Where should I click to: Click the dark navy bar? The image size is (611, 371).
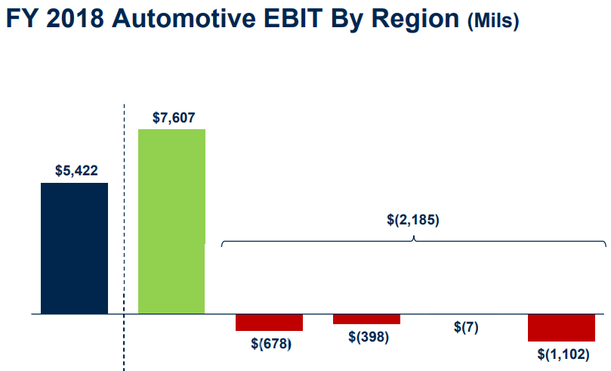point(74,248)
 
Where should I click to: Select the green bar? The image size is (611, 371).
point(171,221)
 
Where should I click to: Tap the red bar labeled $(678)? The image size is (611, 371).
point(269,322)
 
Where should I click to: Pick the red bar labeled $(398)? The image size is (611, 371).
point(366,319)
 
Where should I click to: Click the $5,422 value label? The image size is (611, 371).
point(76,171)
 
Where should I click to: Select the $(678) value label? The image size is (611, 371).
point(271,343)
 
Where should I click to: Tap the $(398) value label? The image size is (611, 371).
point(369,336)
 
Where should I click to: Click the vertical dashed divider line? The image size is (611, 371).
point(124,227)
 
